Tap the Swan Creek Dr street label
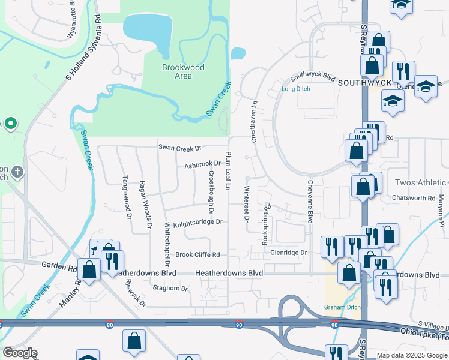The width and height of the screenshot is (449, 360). coord(180,147)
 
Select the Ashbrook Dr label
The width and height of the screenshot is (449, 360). coord(203,164)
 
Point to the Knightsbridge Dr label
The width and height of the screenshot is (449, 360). coord(197,223)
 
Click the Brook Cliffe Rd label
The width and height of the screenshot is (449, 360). coord(197,254)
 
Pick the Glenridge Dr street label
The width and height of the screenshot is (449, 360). coord(288,253)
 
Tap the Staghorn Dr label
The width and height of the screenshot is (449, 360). coord(171,288)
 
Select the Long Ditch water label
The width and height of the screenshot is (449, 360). coord(295,89)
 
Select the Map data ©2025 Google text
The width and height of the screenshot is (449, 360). coord(412,356)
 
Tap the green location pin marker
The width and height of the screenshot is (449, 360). coord(11,124)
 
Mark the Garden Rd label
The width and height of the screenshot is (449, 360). coord(59,264)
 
